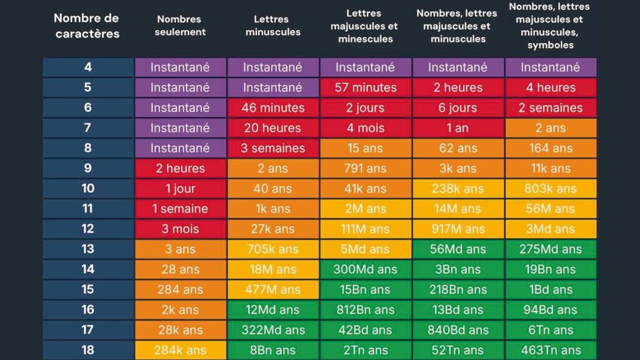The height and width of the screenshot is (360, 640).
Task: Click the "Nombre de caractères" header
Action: [x=87, y=25]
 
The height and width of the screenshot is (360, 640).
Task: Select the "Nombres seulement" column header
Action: [x=180, y=26]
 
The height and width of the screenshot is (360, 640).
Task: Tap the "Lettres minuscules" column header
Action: [x=273, y=26]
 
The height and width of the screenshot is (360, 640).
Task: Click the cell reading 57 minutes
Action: [x=366, y=87]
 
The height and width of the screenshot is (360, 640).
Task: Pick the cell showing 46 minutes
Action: [x=273, y=107]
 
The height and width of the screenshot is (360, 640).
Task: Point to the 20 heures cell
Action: [x=273, y=128]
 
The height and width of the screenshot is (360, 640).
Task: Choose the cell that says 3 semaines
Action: [x=273, y=148]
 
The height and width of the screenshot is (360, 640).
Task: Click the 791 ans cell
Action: [x=366, y=168]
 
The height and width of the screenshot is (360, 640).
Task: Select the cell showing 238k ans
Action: [x=458, y=188]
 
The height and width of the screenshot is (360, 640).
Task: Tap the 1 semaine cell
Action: [x=180, y=209]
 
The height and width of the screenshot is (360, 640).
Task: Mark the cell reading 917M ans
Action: [x=458, y=229]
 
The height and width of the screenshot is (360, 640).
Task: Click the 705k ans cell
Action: [x=273, y=249]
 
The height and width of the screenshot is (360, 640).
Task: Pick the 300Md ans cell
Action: [x=366, y=269]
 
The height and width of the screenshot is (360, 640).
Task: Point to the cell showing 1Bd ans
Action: [x=551, y=289]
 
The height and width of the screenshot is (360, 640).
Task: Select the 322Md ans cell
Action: [x=273, y=330]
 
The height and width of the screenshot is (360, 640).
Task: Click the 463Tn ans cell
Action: [x=551, y=350]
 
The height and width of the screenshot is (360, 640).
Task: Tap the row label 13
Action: [x=87, y=249]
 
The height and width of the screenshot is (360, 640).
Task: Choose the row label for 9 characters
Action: [x=87, y=168]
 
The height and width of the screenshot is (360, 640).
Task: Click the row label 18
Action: [x=87, y=350]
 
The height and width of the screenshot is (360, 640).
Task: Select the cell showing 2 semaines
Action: [x=551, y=107]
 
